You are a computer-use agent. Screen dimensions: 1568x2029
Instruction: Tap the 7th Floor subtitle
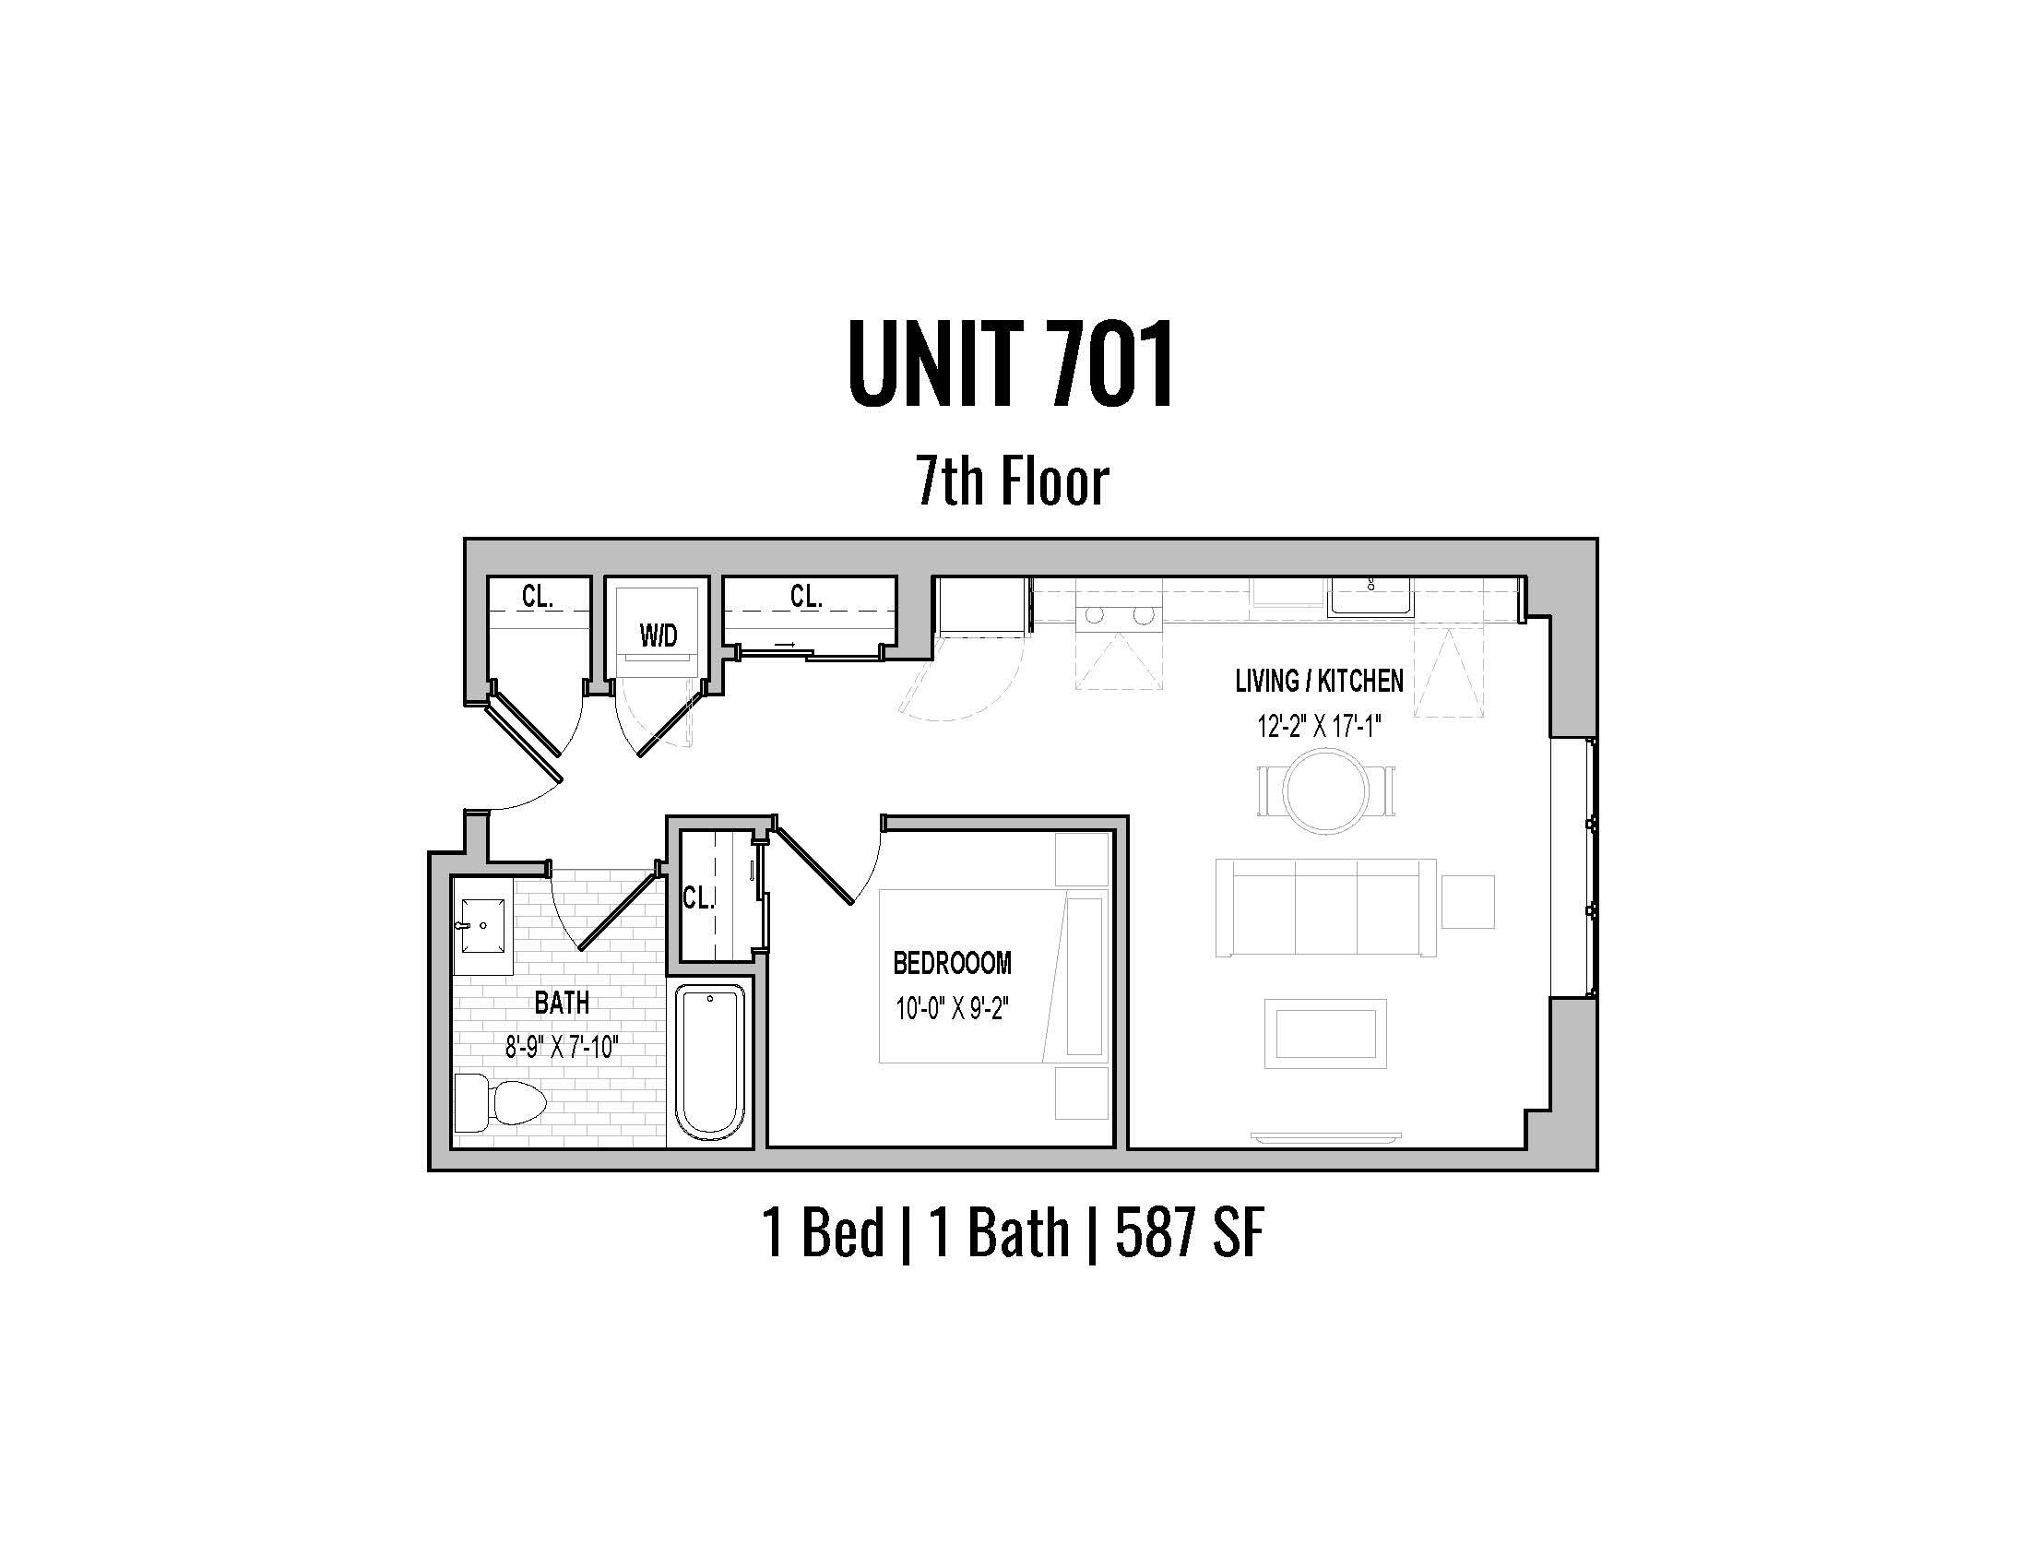point(1013,481)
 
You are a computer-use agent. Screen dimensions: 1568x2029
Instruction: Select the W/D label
point(658,636)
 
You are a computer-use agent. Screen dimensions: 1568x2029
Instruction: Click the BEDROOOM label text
point(953,963)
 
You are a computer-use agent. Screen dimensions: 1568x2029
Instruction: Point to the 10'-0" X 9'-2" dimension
point(953,1008)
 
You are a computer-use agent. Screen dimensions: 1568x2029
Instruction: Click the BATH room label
point(562,1004)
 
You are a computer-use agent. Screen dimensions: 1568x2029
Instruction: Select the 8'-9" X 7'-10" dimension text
point(562,1048)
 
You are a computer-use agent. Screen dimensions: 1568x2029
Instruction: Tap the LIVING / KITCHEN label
point(1319,681)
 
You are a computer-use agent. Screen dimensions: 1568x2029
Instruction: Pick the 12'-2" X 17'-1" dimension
point(1319,726)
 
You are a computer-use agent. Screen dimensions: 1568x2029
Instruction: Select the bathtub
point(710,1063)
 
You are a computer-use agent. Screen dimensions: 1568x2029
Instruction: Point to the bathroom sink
point(483,924)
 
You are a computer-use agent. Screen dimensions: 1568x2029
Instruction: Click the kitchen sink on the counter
point(1370,598)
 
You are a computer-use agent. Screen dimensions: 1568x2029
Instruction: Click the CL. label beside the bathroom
point(698,897)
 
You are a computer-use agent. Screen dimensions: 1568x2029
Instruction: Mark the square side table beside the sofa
point(1467,901)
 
